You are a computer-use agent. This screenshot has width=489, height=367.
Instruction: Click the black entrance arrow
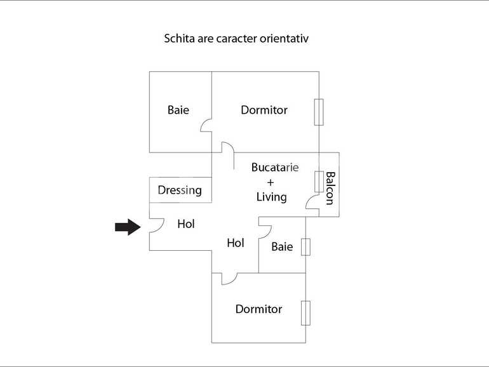pyautogui.click(x=128, y=227)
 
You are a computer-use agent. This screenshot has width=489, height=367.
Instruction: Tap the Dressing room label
pyautogui.click(x=180, y=190)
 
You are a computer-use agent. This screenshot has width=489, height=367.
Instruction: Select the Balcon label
pyautogui.click(x=330, y=188)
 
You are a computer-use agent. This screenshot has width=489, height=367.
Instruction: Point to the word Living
pyautogui.click(x=271, y=197)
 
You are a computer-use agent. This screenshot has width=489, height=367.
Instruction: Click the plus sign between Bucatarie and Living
pyautogui.click(x=271, y=182)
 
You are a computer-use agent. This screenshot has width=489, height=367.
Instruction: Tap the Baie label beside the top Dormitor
pyautogui.click(x=178, y=110)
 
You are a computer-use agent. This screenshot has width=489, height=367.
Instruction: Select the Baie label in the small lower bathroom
pyautogui.click(x=282, y=246)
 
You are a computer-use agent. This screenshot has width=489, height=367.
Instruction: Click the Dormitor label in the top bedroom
pyautogui.click(x=264, y=110)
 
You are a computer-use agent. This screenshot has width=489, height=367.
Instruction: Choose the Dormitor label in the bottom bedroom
pyautogui.click(x=258, y=309)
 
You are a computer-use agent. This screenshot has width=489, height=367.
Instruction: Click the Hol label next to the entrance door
pyautogui.click(x=186, y=224)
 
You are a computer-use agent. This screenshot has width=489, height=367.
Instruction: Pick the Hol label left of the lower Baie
pyautogui.click(x=236, y=243)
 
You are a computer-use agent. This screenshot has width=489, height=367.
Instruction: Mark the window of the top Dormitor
pyautogui.click(x=319, y=112)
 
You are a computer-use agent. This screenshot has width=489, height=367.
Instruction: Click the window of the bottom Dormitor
pyautogui.click(x=306, y=312)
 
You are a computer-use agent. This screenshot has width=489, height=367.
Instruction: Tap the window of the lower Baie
pyautogui.click(x=305, y=246)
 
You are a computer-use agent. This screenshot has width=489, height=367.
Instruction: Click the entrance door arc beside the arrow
pyautogui.click(x=156, y=226)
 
